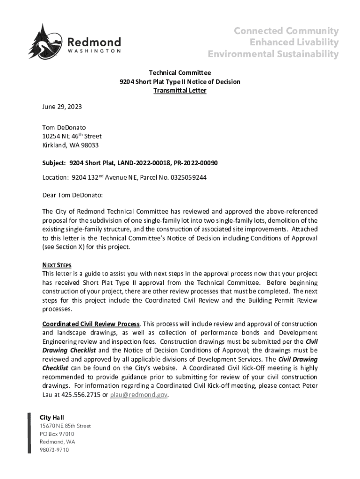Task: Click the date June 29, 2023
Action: click(x=62, y=107)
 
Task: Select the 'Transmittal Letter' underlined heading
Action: click(x=180, y=91)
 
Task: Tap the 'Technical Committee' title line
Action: click(x=180, y=73)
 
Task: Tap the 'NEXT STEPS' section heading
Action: click(x=57, y=265)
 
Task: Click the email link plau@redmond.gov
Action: click(x=138, y=395)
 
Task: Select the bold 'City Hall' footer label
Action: click(x=52, y=417)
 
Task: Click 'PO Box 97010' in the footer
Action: click(x=57, y=434)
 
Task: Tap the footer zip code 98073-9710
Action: click(x=54, y=450)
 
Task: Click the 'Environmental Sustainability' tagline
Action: click(x=273, y=54)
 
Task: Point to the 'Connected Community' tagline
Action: click(x=286, y=31)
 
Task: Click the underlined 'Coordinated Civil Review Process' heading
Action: click(x=91, y=324)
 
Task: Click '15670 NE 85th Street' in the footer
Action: click(x=65, y=426)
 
